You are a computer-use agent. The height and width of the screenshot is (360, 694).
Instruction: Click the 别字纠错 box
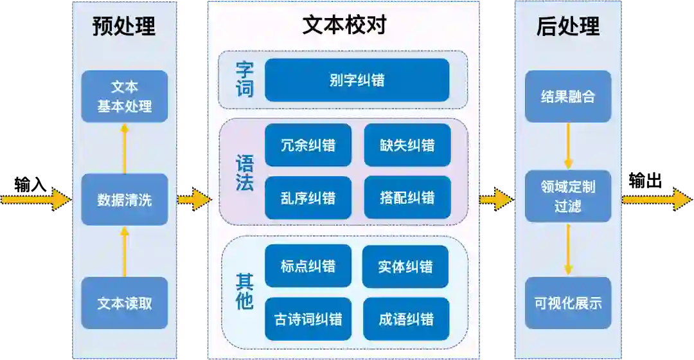[x=357, y=80]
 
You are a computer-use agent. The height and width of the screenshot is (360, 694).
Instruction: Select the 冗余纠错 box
[x=308, y=145]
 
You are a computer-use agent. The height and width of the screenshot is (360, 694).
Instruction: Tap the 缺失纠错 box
[x=407, y=145]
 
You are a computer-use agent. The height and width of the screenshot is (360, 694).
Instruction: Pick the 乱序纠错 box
[x=308, y=197]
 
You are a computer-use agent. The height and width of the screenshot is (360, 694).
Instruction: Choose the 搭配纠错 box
[x=407, y=197]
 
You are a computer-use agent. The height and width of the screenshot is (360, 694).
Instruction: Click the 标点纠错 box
[x=308, y=266]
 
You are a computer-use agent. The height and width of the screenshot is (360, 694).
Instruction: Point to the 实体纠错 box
[x=405, y=266]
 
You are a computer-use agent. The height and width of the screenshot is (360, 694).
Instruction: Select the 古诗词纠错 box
[x=308, y=319]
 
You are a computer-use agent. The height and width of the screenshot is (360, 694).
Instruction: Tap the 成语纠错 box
[x=405, y=319]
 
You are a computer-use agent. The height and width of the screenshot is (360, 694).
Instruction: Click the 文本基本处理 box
[x=125, y=96]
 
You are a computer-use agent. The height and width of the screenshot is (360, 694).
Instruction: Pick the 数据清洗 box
[x=125, y=199]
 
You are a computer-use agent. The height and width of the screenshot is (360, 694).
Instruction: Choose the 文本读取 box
[x=125, y=303]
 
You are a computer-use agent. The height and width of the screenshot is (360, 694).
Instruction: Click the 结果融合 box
[x=567, y=96]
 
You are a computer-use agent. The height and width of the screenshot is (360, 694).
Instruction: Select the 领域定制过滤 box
[x=567, y=196]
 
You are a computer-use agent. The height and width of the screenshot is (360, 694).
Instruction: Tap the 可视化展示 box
[x=567, y=303]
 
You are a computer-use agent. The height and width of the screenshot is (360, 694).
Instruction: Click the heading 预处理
[x=124, y=26]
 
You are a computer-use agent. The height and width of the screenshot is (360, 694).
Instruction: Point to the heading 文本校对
[x=344, y=25]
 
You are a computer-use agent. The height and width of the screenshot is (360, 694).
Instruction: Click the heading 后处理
[x=567, y=26]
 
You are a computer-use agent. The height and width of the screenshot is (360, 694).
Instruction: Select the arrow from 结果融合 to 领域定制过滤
[x=568, y=146]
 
